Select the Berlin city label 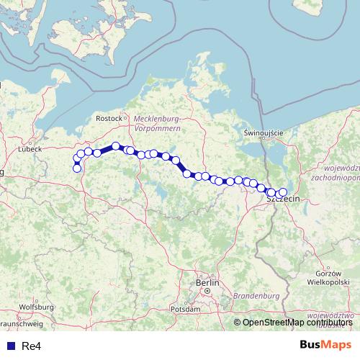(207, 283)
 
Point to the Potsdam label (186, 309)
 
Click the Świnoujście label (264, 133)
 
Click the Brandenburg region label (256, 296)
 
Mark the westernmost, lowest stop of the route (77, 168)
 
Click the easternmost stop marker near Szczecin (282, 192)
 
